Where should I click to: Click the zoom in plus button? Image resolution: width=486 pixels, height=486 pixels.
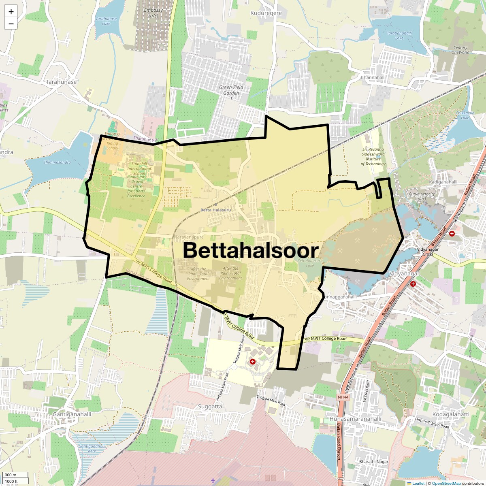[x=11, y=11]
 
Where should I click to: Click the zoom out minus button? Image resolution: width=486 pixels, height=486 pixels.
[x=11, y=23]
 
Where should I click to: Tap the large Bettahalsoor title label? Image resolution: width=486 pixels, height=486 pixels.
[x=251, y=250]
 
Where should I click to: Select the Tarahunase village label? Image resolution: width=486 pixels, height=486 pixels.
[x=61, y=82]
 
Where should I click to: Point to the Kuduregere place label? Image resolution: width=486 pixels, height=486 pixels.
[x=266, y=13]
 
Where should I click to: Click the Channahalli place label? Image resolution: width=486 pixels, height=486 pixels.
[x=373, y=77]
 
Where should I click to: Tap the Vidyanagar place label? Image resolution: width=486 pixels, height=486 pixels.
[x=404, y=274]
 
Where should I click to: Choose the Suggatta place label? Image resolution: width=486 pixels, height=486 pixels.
[x=210, y=406]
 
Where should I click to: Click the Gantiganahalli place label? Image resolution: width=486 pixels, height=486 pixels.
[x=72, y=414]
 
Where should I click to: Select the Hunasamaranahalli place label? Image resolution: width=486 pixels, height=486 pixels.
[x=356, y=419]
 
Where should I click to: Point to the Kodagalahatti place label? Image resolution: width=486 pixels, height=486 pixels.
[x=451, y=414]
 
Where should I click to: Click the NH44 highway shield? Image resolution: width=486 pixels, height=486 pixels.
[x=343, y=397]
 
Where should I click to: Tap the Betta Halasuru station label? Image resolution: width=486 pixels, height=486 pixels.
[x=215, y=210]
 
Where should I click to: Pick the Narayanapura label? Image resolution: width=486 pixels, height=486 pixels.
[x=189, y=237]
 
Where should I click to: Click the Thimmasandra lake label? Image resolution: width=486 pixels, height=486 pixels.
[x=57, y=162]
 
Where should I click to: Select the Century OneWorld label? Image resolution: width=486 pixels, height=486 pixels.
[x=460, y=50]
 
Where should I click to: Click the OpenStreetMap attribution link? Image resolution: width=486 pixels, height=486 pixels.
[x=446, y=483]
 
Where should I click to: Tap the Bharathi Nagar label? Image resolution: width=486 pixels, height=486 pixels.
[x=373, y=462]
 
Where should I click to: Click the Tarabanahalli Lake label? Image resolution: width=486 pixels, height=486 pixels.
[x=399, y=36]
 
